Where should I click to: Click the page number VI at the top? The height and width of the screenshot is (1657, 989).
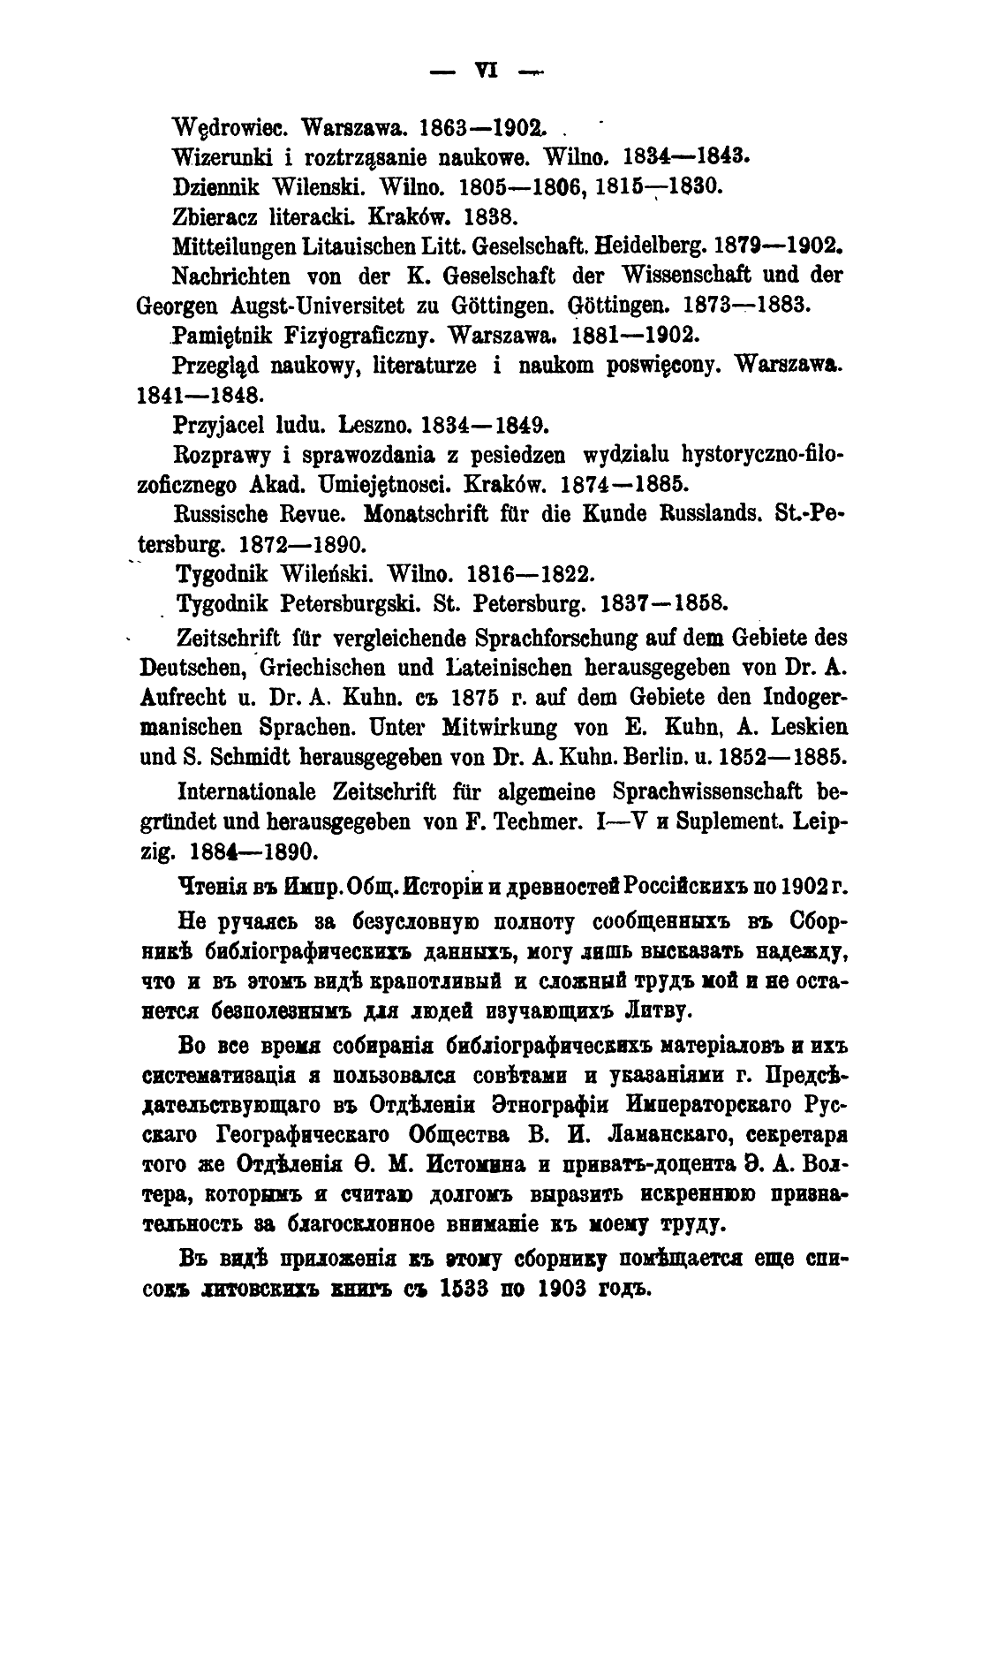487,72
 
